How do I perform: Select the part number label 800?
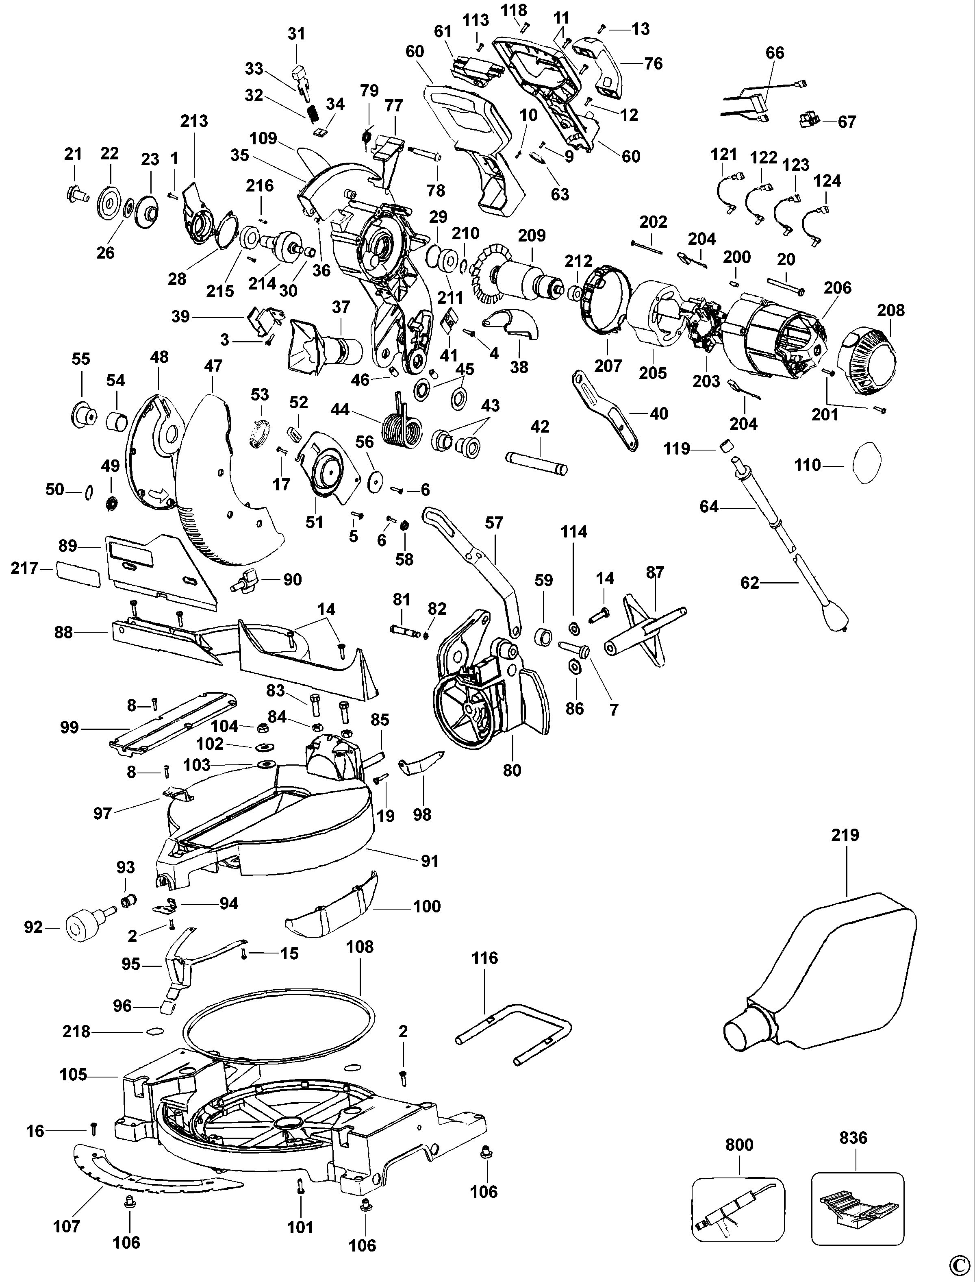[x=739, y=1145]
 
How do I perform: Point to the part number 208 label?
[x=890, y=310]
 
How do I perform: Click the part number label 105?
[x=73, y=1075]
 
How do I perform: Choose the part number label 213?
[x=194, y=121]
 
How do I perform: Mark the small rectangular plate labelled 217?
[x=78, y=574]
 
